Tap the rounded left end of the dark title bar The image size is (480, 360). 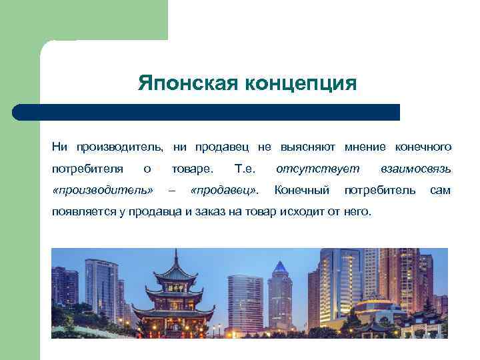(x=19, y=112)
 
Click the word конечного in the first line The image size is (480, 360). (x=423, y=146)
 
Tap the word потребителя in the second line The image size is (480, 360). (x=87, y=168)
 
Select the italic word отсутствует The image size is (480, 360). (x=317, y=168)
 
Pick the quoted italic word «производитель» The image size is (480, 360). (x=102, y=191)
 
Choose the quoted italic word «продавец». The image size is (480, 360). (x=224, y=191)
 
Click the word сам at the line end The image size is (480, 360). (x=440, y=191)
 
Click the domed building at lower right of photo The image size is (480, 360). (x=373, y=308)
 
